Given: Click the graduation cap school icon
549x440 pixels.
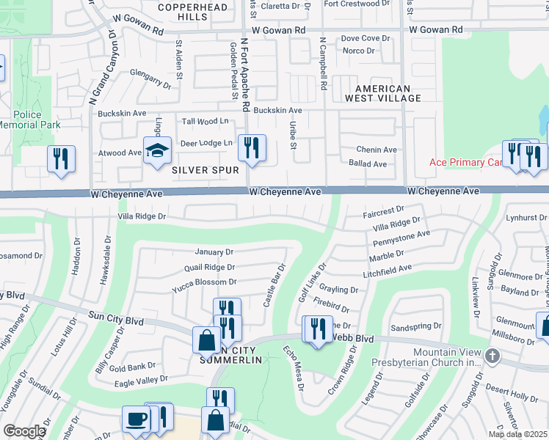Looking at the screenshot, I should pos(157,151).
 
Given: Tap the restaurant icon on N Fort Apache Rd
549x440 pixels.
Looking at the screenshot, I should pos(252,148).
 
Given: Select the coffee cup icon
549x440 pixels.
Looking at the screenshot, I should pos(136,419).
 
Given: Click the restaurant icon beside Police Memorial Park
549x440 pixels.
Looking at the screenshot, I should pos(60,158).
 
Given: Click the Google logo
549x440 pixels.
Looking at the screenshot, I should pos(24,431).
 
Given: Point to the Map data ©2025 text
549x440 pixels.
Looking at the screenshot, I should pos(517,434).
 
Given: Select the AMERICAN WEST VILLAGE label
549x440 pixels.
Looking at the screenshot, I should pos(382,93).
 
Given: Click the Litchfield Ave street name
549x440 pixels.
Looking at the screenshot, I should pos(387,271).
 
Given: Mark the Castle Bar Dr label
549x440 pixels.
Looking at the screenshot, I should pos(274,286).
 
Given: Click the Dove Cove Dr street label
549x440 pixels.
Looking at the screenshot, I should pos(366,38).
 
